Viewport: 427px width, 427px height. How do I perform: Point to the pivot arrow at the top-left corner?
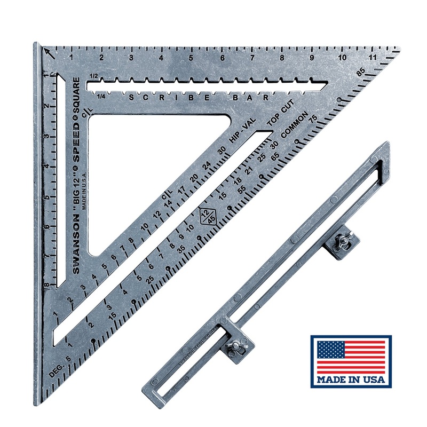[49, 52]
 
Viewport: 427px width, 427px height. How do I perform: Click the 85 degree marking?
[361, 70]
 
